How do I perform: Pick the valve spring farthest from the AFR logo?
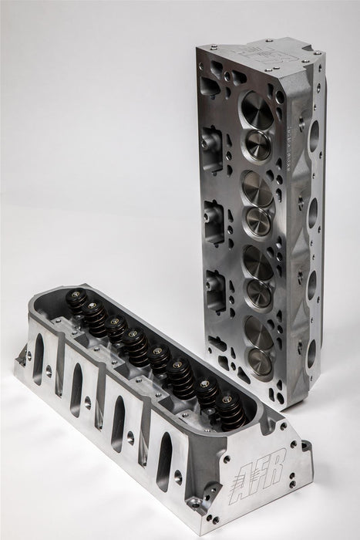tap(72, 299)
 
